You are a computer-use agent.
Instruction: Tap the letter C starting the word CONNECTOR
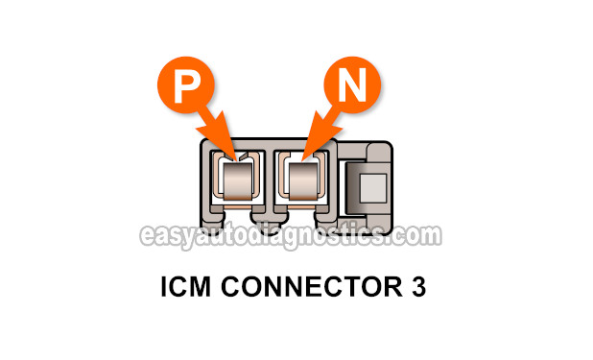(x=228, y=288)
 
